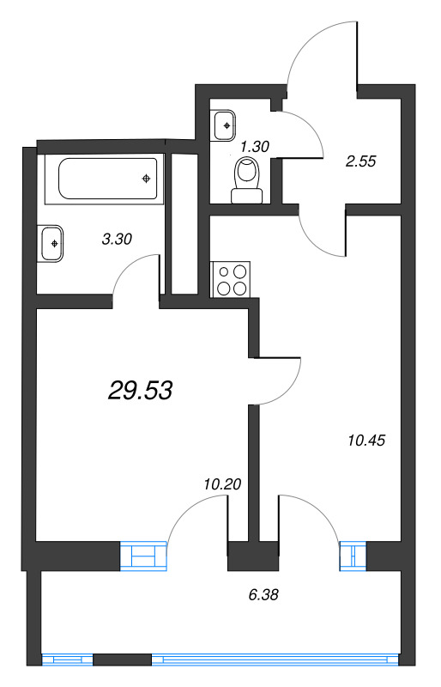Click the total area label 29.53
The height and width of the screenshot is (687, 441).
coord(140,390)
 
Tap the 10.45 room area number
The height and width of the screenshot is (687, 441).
coord(366,440)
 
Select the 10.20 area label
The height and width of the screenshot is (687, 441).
coord(222,484)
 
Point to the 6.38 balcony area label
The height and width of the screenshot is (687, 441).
coord(263,594)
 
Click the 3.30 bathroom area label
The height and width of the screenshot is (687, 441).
coord(117,239)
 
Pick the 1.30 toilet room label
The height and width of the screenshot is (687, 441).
coord(255,146)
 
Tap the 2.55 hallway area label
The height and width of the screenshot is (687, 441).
coord(361,161)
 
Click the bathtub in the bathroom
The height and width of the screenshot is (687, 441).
coord(108,179)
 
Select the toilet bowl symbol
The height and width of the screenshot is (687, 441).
coord(247,179)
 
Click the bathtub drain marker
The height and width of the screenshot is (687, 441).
coord(146,179)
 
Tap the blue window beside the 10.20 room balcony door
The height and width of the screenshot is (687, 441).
coord(143,556)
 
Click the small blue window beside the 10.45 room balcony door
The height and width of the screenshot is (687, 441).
coord(353,556)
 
